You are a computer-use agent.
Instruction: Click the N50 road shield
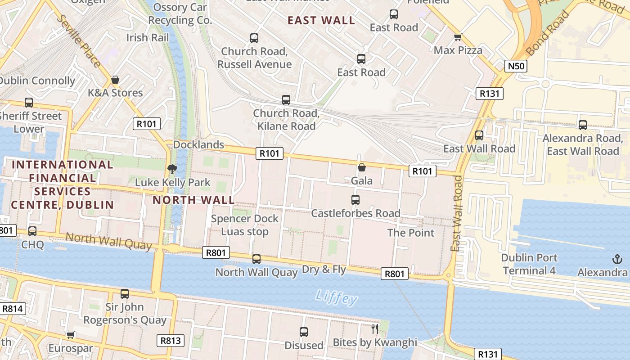[515, 67]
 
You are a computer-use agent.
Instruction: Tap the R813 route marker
[171, 341]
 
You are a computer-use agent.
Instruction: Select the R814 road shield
[12, 309]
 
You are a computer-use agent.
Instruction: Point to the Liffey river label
[336, 297]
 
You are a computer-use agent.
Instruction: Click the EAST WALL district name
[321, 20]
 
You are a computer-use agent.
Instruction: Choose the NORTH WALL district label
[193, 200]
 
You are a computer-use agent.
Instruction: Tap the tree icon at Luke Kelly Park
[171, 169]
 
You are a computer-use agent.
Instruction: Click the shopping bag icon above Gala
[361, 168]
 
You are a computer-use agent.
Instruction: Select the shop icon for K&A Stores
[115, 80]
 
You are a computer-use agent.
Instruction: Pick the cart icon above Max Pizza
[458, 37]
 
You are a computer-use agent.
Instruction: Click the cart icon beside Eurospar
[70, 335]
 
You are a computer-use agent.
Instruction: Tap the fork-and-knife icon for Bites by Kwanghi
[374, 329]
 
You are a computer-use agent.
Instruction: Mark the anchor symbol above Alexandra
[617, 259]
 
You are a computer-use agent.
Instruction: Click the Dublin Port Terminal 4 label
[530, 264]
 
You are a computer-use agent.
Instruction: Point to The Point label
[411, 233]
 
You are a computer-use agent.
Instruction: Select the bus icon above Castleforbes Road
[355, 199]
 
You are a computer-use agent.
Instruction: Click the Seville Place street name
[80, 40]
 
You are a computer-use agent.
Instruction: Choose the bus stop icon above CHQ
[32, 231]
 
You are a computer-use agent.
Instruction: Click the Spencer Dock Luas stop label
[245, 225]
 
